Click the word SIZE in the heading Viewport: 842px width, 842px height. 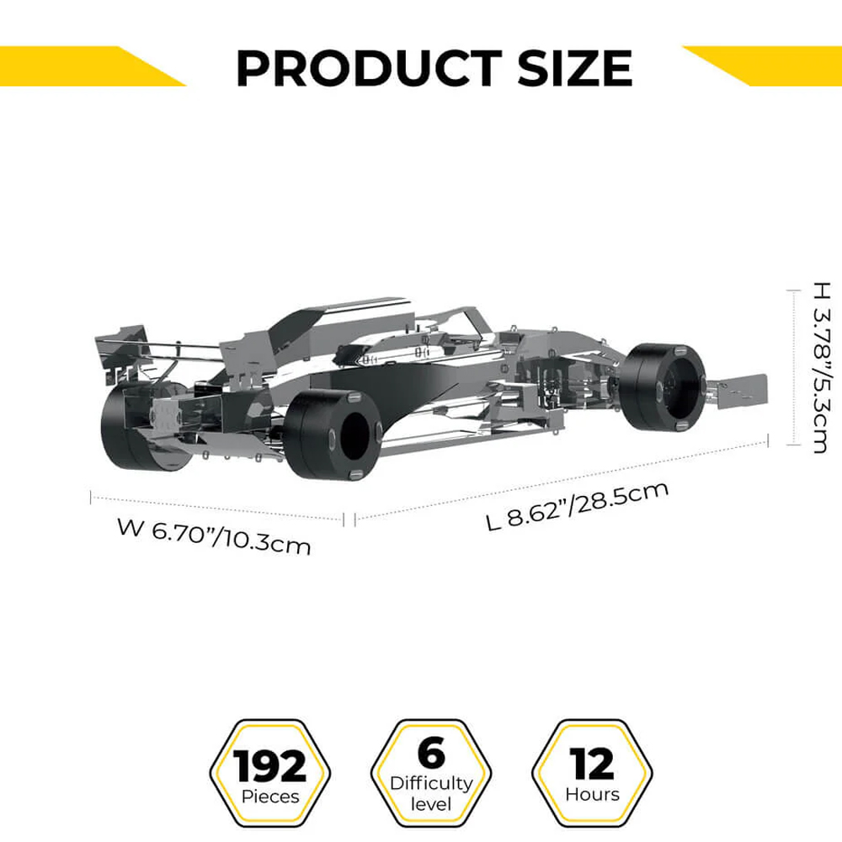[x=574, y=68]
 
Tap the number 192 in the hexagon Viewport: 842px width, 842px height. [x=269, y=765]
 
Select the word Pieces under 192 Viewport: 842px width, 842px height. [x=270, y=797]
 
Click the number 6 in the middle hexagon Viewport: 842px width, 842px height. [x=431, y=753]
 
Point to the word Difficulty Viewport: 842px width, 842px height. [x=431, y=784]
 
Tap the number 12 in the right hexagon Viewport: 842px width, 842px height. [x=592, y=763]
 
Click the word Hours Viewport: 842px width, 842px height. [x=592, y=794]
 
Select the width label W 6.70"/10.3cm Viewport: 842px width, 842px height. [x=214, y=536]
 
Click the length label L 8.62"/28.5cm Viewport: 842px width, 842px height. [x=578, y=506]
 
